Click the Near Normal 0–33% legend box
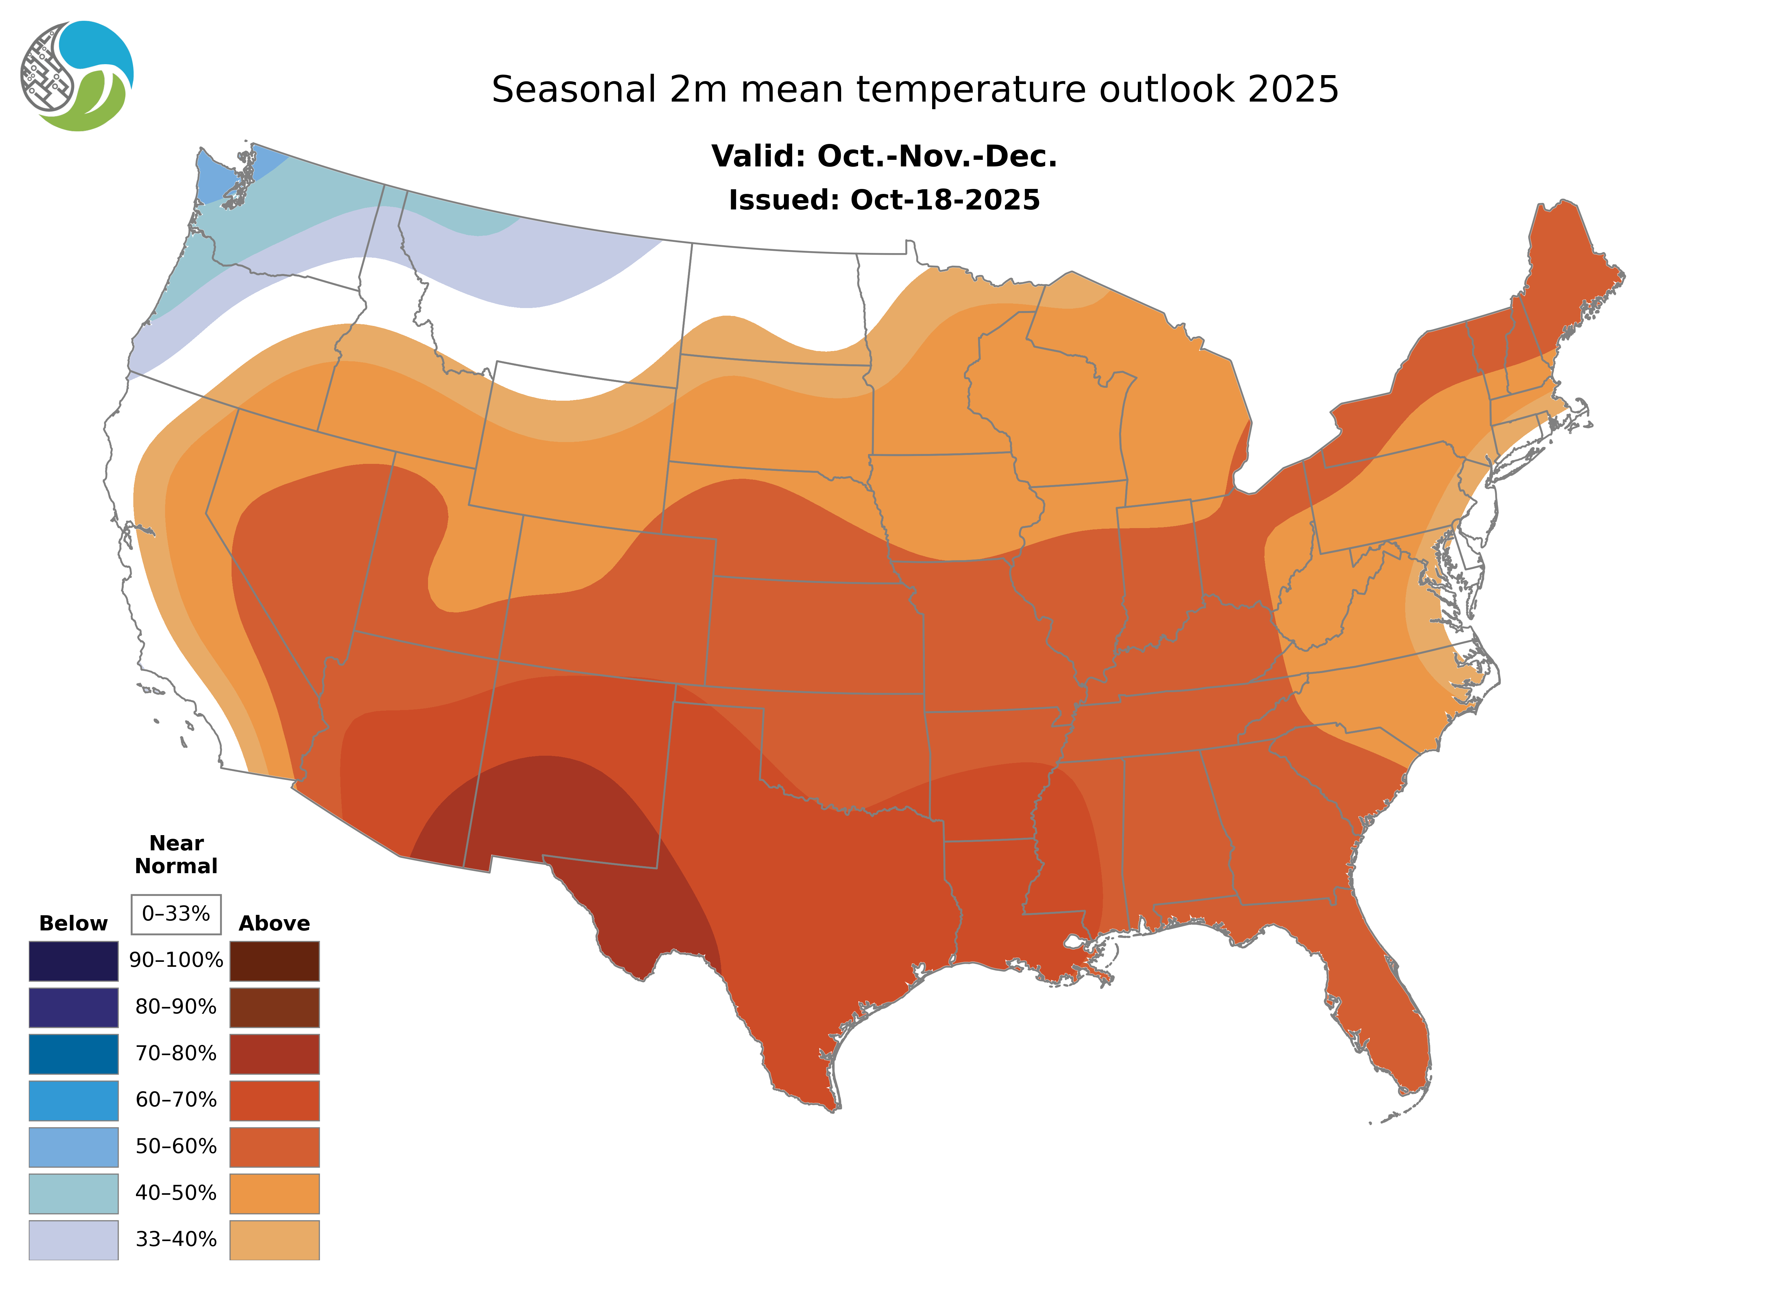176,914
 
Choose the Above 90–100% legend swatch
274,961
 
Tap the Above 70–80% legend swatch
274,1054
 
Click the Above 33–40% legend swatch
274,1239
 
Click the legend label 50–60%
176,1146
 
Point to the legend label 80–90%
176,1007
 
